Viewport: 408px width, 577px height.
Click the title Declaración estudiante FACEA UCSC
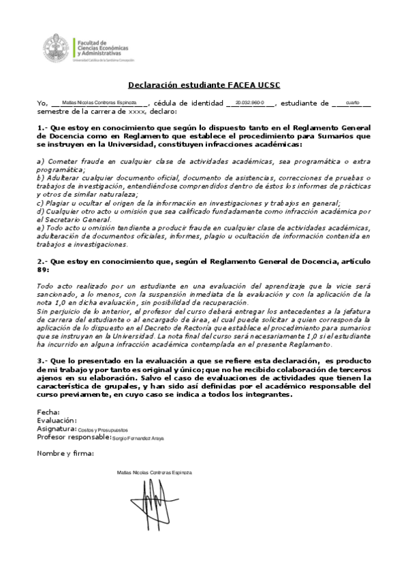click(x=204, y=85)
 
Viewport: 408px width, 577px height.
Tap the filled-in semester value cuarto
click(x=352, y=102)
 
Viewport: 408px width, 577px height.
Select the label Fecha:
click(x=48, y=412)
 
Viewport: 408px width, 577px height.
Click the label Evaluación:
click(x=57, y=421)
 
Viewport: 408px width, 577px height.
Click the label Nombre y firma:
click(x=66, y=453)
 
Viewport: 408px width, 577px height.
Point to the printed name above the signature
click(x=154, y=472)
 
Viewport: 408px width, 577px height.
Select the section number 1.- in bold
click(x=42, y=127)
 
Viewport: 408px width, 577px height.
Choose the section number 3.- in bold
click(x=42, y=360)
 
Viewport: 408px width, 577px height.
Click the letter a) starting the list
click(x=40, y=161)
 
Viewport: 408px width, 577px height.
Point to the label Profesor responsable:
click(x=74, y=438)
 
